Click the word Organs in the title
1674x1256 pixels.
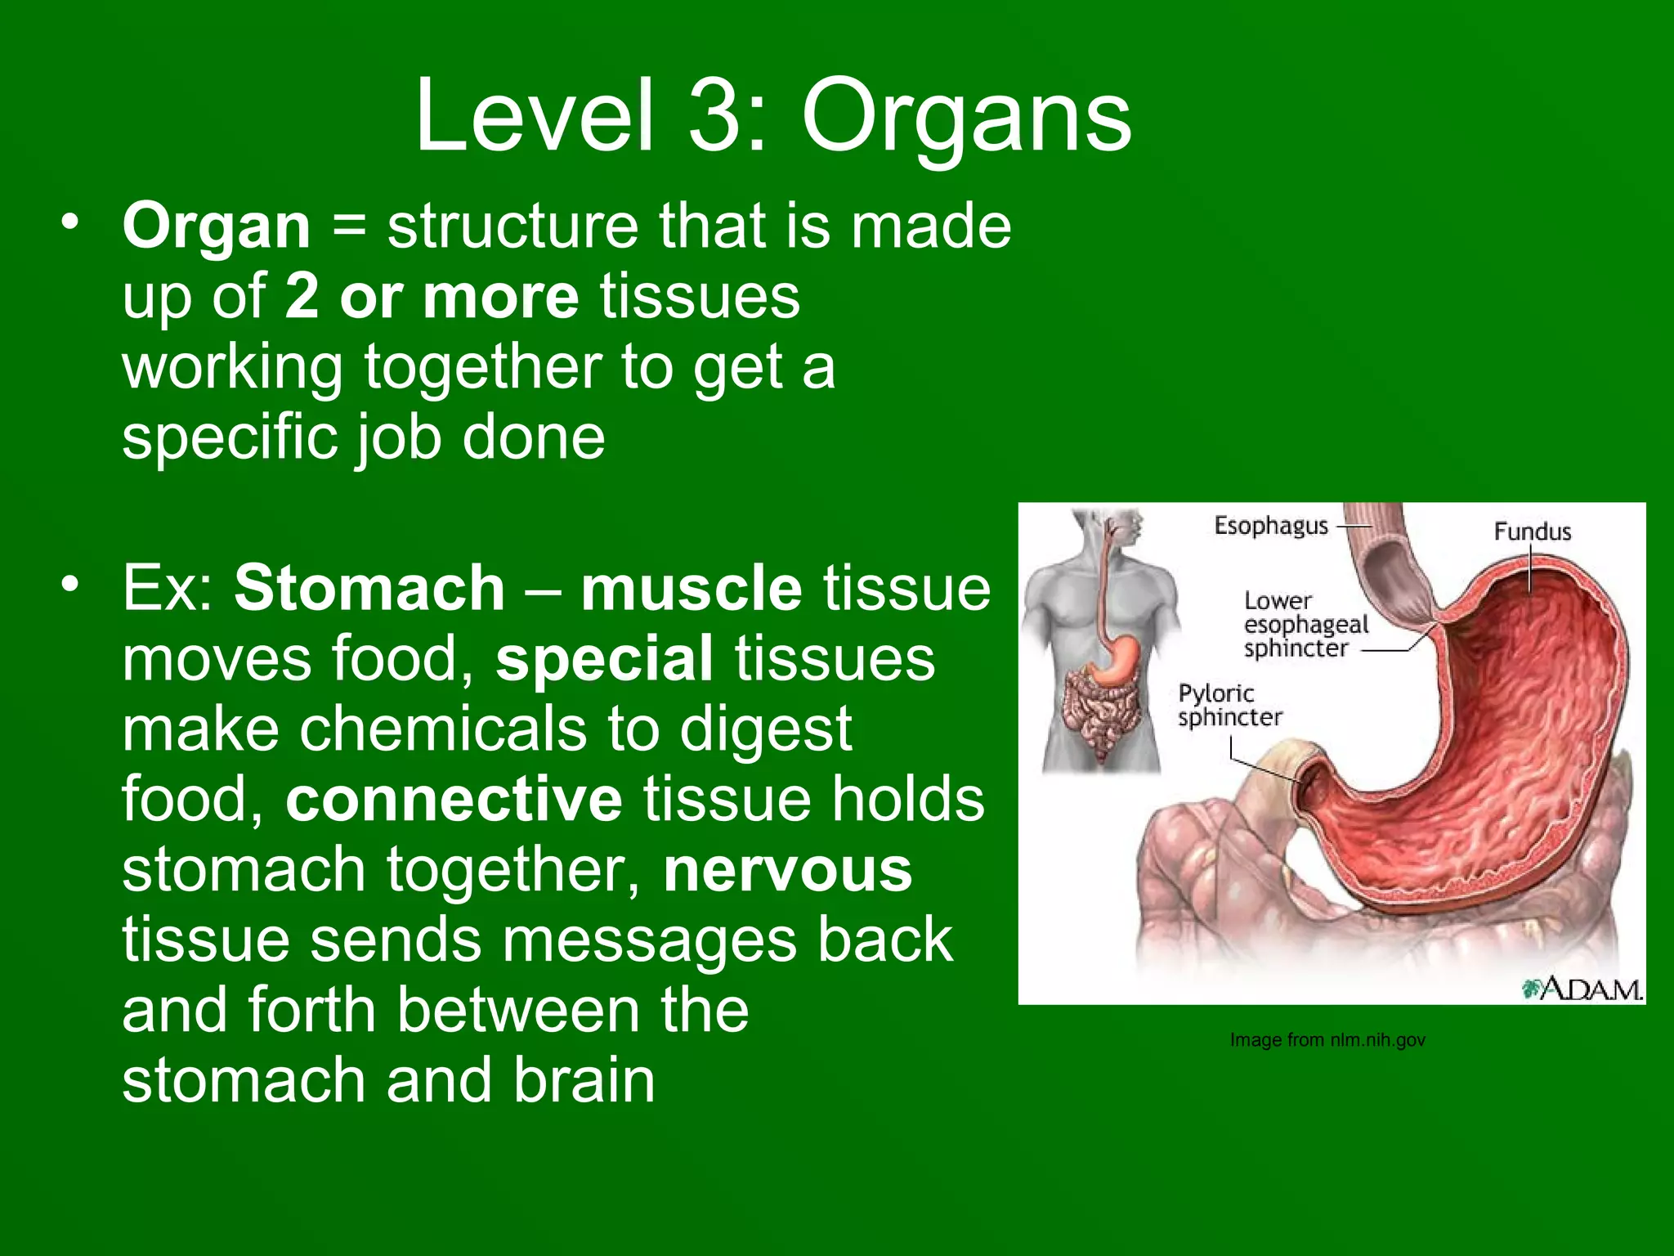[x=966, y=117]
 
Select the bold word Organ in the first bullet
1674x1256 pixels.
[x=217, y=227]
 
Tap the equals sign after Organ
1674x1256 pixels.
[x=349, y=227]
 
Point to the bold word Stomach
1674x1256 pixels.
[x=369, y=588]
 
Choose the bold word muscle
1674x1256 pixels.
[x=691, y=588]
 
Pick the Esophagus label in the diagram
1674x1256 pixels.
[x=1270, y=526]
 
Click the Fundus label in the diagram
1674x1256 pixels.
[x=1532, y=532]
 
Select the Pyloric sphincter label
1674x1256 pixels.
[x=1229, y=705]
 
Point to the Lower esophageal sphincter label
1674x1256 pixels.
[x=1305, y=625]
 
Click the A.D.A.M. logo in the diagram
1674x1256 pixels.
[x=1581, y=989]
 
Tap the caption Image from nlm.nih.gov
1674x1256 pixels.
[x=1327, y=1040]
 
